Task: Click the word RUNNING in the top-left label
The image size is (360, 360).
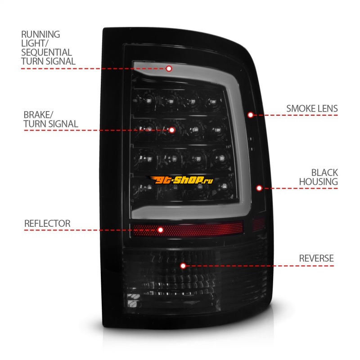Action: (40, 35)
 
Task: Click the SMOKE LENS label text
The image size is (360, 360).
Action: (312, 108)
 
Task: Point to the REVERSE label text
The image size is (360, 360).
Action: (316, 258)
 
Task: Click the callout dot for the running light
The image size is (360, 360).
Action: (169, 68)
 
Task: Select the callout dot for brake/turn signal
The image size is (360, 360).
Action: (171, 130)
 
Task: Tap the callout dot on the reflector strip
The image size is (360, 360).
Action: (161, 229)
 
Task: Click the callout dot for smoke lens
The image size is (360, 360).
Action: (251, 115)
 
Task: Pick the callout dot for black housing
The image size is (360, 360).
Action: (259, 188)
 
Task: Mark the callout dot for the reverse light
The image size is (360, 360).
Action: (183, 265)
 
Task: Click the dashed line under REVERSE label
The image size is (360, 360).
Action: (270, 265)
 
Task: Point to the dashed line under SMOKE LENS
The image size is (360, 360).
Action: (297, 115)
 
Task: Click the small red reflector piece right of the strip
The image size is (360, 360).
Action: (258, 223)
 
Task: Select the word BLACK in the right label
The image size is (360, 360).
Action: (324, 173)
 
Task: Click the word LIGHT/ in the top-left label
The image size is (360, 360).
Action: (34, 43)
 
